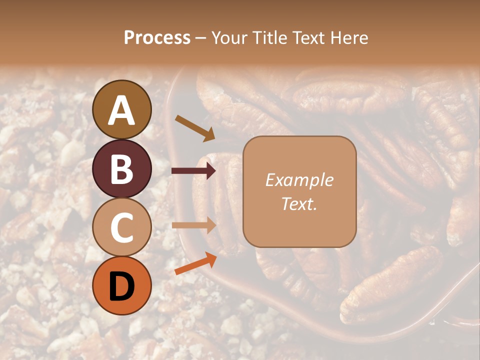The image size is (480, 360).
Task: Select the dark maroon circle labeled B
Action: coord(122,168)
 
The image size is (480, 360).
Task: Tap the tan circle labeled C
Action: coord(122,227)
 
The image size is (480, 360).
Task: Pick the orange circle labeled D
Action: coord(122,286)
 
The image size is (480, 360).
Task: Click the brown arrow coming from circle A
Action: coord(195,128)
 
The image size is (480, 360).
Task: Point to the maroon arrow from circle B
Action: coord(193,171)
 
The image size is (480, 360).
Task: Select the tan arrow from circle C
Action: coord(193,225)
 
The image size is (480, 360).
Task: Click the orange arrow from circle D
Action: coord(195,263)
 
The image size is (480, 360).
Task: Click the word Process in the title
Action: coord(157,37)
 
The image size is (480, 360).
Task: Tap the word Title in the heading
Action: coord(270,37)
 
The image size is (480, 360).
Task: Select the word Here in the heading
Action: coord(348,37)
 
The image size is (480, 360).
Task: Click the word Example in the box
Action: coord(299,180)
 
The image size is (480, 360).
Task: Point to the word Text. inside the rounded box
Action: coord(299,203)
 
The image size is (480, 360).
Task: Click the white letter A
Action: coord(122,110)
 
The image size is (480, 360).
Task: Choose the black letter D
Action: coord(122,286)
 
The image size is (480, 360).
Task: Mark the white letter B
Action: coord(122,168)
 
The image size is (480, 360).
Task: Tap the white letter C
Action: coord(122,227)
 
